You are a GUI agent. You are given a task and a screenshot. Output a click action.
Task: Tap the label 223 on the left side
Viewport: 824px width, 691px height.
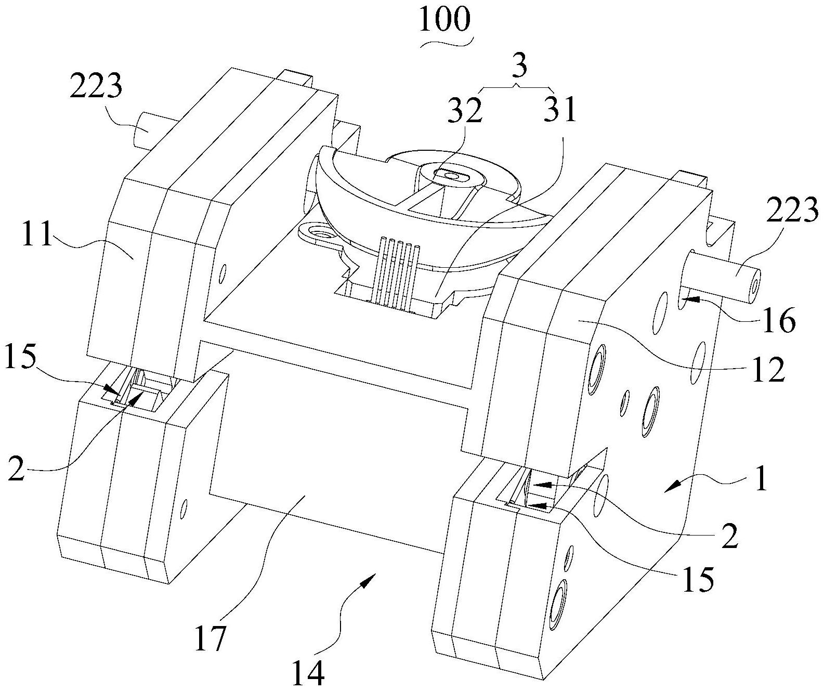tap(97, 86)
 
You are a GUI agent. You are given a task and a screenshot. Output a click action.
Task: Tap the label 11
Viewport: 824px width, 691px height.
tap(37, 235)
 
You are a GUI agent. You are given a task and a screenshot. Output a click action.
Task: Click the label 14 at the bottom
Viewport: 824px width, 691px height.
tap(308, 673)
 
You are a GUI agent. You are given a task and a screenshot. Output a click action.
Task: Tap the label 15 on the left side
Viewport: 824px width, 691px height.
tap(21, 358)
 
